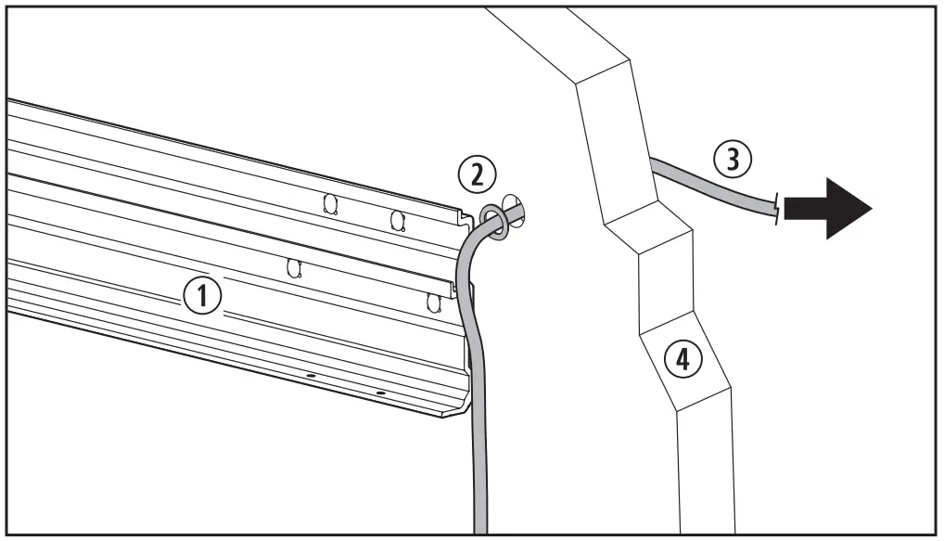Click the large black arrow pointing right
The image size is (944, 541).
827,210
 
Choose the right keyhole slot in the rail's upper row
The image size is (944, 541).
398,220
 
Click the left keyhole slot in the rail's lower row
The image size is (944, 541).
294,268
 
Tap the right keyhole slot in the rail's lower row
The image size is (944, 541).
431,302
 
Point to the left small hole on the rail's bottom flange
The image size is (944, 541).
311,376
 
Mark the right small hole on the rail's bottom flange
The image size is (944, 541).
380,393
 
